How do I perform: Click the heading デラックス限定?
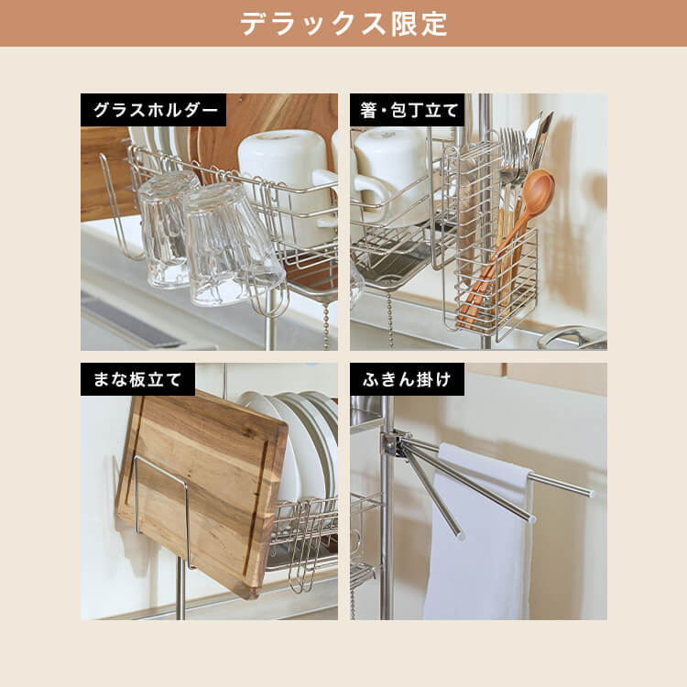coord(343,23)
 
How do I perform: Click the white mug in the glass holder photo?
coord(283,161)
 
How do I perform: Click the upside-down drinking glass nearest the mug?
coord(234,243)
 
